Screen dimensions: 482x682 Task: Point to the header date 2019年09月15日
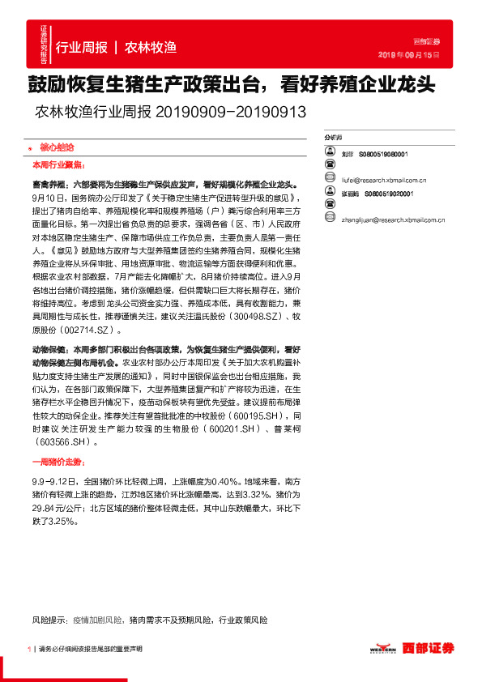tap(409, 55)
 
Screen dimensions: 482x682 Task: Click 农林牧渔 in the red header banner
tap(151, 46)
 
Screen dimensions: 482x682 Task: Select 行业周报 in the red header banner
tap(81, 46)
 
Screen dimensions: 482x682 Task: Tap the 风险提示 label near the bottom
tap(49, 620)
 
